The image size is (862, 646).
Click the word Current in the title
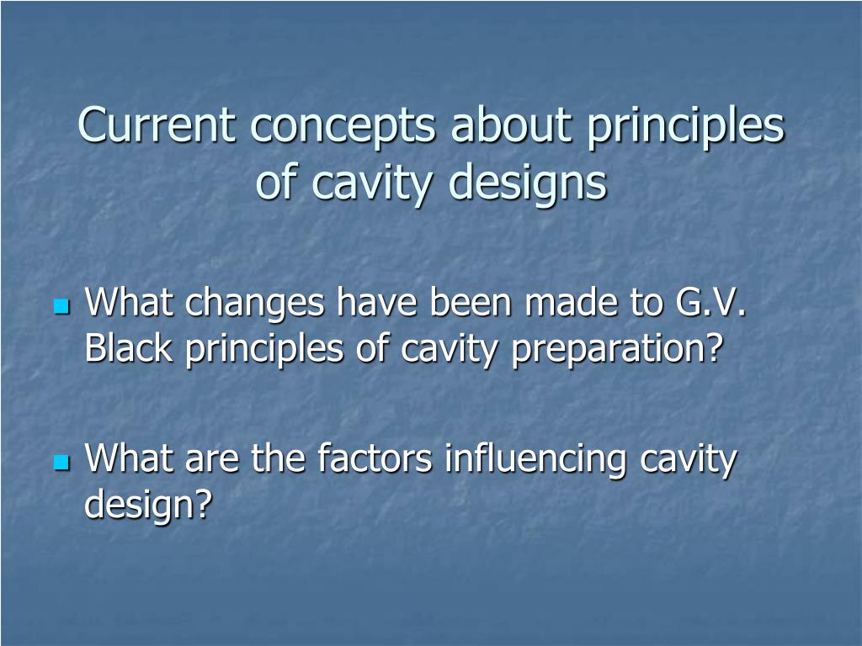click(157, 124)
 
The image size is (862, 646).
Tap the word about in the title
click(511, 123)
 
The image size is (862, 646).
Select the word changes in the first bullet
click(254, 303)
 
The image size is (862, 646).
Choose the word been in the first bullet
click(471, 301)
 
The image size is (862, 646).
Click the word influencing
click(535, 459)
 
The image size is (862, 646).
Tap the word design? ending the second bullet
click(148, 505)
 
